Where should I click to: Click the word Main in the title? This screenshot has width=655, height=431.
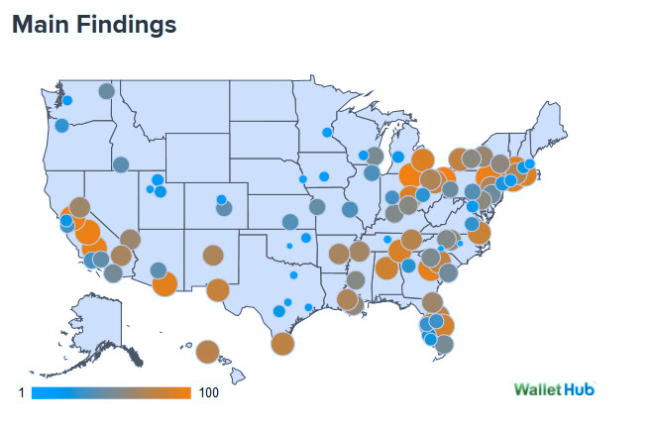41,25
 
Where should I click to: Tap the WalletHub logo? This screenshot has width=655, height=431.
555,388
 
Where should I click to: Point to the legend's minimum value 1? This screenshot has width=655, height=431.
21,393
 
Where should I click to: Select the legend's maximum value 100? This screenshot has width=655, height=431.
208,393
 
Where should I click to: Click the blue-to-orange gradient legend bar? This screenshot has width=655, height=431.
111,393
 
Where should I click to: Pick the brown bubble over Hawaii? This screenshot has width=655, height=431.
207,352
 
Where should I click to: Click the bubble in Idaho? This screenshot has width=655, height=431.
121,164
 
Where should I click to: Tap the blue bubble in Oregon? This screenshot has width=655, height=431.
61,126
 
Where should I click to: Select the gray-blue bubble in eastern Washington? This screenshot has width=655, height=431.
106,92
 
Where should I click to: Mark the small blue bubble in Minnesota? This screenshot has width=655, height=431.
326,132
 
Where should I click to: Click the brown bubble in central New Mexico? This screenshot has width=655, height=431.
212,255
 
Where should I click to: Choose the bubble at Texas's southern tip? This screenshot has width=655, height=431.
282,344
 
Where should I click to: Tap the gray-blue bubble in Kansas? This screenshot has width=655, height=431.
290,222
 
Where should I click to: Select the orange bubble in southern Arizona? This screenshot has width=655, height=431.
164,284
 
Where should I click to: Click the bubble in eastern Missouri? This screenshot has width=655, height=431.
350,209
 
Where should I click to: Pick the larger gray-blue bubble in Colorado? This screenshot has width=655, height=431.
225,208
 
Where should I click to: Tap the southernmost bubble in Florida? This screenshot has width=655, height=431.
444,344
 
